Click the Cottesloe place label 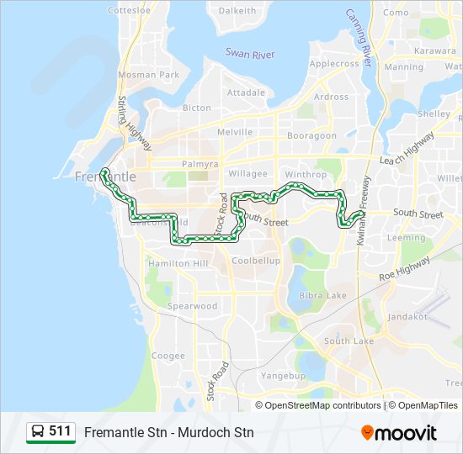pyautogui.click(x=129, y=10)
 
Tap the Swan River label pyautogui.click(x=250, y=53)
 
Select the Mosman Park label pyautogui.click(x=149, y=75)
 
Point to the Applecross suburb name pyautogui.click(x=334, y=63)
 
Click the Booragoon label pyautogui.click(x=312, y=135)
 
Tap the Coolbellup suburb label pyautogui.click(x=255, y=261)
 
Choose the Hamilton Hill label pyautogui.click(x=177, y=263)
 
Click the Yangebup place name pyautogui.click(x=284, y=375)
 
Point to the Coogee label pyautogui.click(x=168, y=356)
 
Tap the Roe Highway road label pyautogui.click(x=405, y=268)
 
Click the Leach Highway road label pyautogui.click(x=407, y=149)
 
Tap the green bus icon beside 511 pyautogui.click(x=38, y=432)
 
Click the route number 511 pyautogui.click(x=60, y=431)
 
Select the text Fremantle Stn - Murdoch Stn pyautogui.click(x=168, y=433)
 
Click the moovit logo pyautogui.click(x=399, y=433)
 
